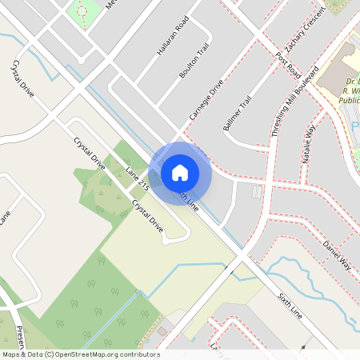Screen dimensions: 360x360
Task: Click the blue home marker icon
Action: (180, 172)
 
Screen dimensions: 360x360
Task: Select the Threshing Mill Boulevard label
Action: (295, 100)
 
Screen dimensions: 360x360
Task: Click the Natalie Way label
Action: (310, 142)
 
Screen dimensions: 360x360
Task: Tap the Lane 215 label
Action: (138, 177)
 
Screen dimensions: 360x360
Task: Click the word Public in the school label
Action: (350, 102)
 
